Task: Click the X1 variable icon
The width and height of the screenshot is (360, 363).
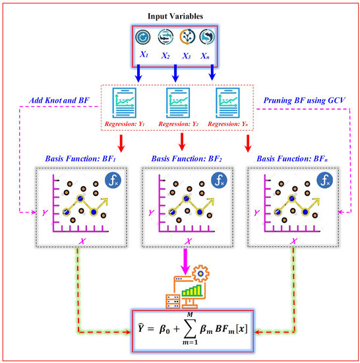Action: click(144, 38)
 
